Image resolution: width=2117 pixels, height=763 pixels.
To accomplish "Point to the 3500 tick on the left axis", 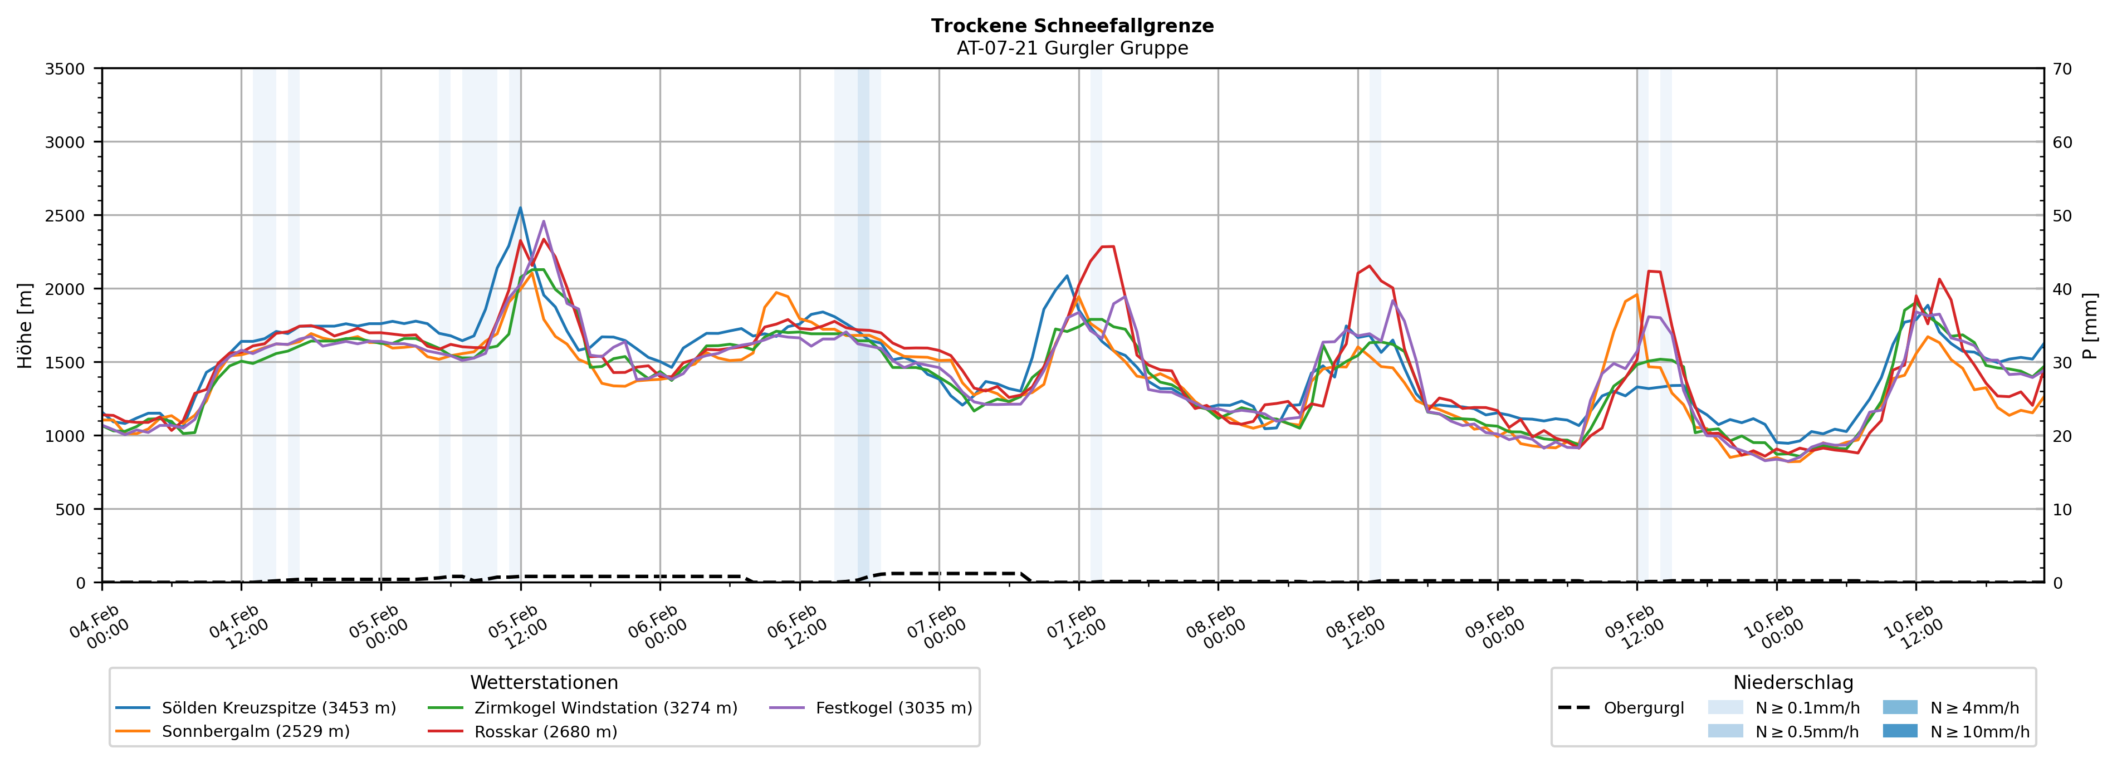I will (65, 69).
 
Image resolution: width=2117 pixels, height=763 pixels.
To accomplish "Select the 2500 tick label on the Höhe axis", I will (65, 216).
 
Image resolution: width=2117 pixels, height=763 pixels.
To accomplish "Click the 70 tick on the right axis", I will (2062, 69).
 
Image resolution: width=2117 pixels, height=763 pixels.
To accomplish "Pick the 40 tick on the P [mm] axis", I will (2062, 289).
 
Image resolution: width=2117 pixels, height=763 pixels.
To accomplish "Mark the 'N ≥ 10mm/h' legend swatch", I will (1899, 731).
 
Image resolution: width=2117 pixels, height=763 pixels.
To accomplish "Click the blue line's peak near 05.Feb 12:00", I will (520, 208).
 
